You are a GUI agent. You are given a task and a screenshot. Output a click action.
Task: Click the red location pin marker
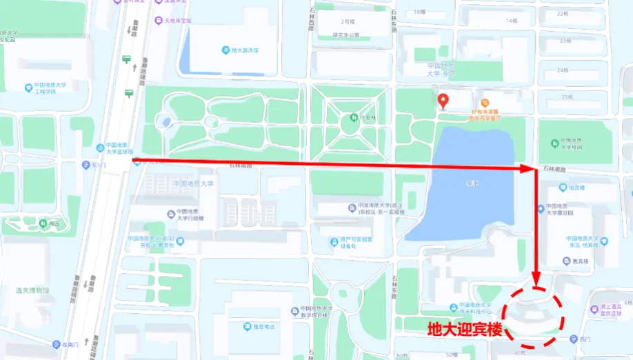point(443,101)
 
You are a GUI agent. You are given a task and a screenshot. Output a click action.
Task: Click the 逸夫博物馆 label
point(32,290)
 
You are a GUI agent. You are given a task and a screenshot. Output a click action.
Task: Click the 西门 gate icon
point(573,339)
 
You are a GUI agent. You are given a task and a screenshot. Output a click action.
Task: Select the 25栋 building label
point(567,97)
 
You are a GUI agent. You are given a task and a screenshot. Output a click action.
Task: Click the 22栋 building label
point(564,13)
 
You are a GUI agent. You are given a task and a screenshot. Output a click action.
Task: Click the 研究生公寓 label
point(345,34)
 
